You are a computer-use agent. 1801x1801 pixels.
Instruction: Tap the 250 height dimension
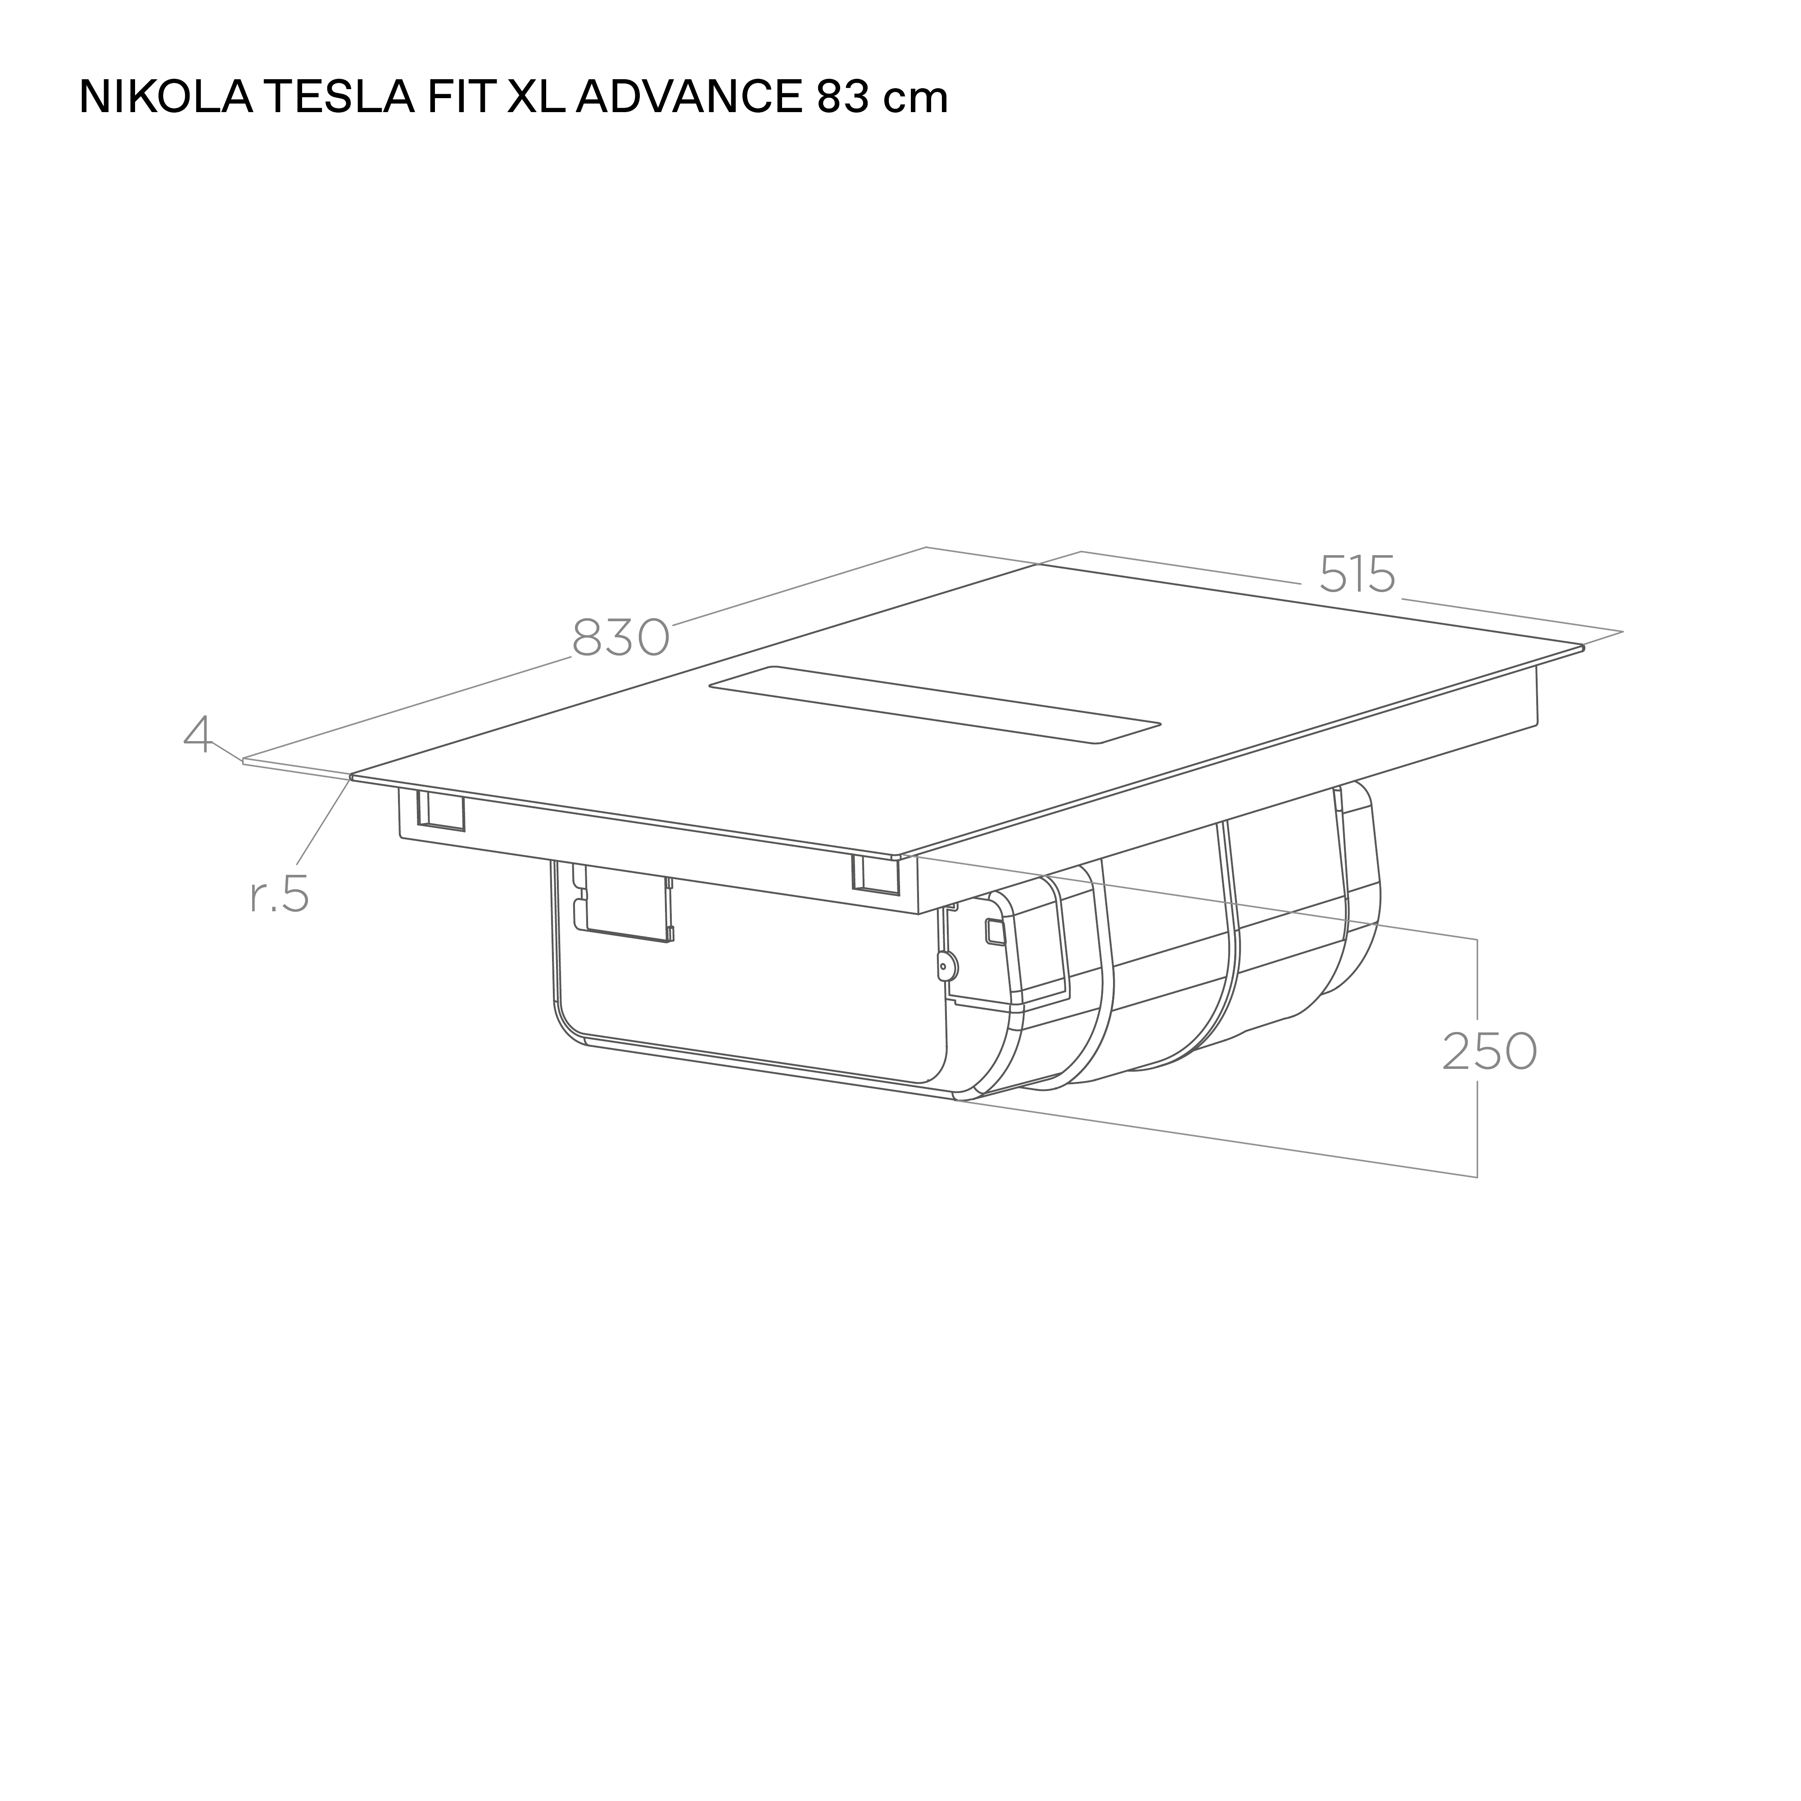1489,1051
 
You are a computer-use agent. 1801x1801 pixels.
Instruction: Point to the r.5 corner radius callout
280,895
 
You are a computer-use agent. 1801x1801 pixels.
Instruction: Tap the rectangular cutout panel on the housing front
623,904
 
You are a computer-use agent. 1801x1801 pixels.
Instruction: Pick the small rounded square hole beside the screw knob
995,930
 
